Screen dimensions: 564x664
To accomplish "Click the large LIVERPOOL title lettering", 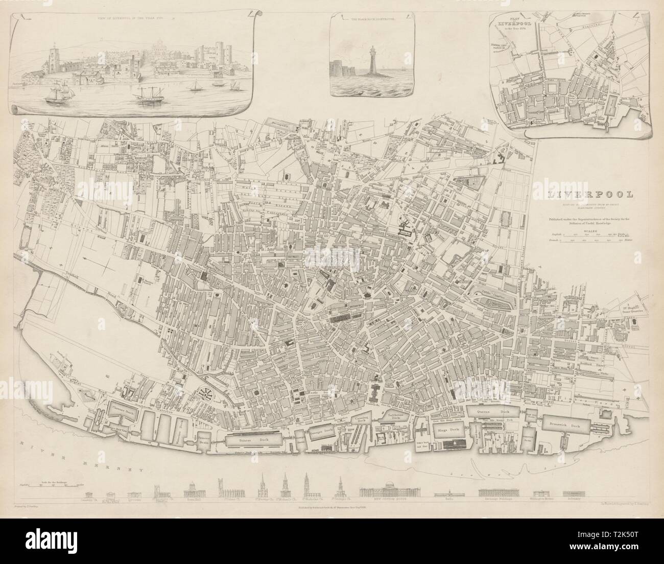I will click(589, 194).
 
